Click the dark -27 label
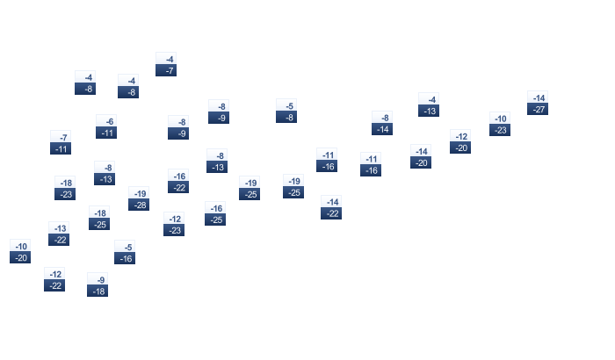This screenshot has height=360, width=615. pyautogui.click(x=538, y=110)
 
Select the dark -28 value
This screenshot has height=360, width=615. pyautogui.click(x=139, y=205)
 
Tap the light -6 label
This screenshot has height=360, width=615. pyautogui.click(x=106, y=121)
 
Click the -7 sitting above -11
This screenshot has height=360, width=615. pyautogui.click(x=61, y=137)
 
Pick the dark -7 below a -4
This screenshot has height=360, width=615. pyautogui.click(x=166, y=70)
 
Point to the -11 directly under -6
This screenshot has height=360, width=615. pyautogui.click(x=106, y=133)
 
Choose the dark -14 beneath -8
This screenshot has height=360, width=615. pyautogui.click(x=382, y=129)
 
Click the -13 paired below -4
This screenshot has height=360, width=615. pyautogui.click(x=429, y=111)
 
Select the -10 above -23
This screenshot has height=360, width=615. pyautogui.click(x=500, y=119)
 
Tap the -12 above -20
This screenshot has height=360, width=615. pyautogui.click(x=460, y=136)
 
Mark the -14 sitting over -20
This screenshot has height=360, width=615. pyautogui.click(x=421, y=151)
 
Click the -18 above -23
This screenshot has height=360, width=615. pyautogui.click(x=65, y=183)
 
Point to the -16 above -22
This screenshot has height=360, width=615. pyautogui.click(x=178, y=176)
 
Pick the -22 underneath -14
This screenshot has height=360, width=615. pyautogui.click(x=331, y=213)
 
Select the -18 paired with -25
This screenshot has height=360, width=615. pyautogui.click(x=99, y=212)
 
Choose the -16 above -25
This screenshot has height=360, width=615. pyautogui.click(x=215, y=208)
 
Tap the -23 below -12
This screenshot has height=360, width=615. pyautogui.click(x=174, y=230)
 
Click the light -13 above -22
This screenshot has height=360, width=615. pyautogui.click(x=59, y=227)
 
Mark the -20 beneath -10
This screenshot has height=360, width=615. pyautogui.click(x=20, y=257)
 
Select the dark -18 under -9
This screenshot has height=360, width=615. pyautogui.click(x=98, y=291)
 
